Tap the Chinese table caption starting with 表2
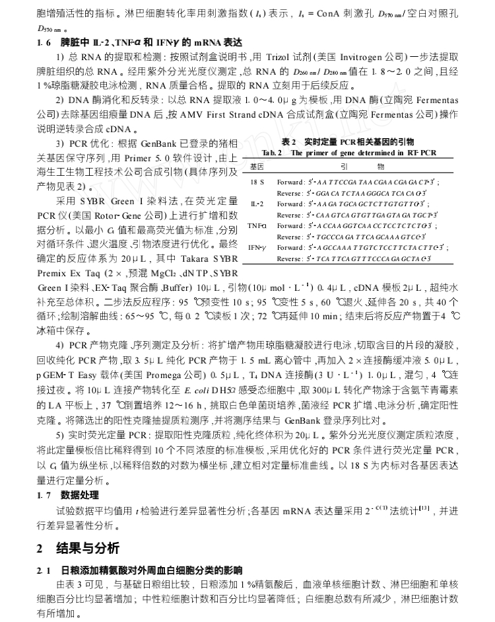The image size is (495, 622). click(x=348, y=142)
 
